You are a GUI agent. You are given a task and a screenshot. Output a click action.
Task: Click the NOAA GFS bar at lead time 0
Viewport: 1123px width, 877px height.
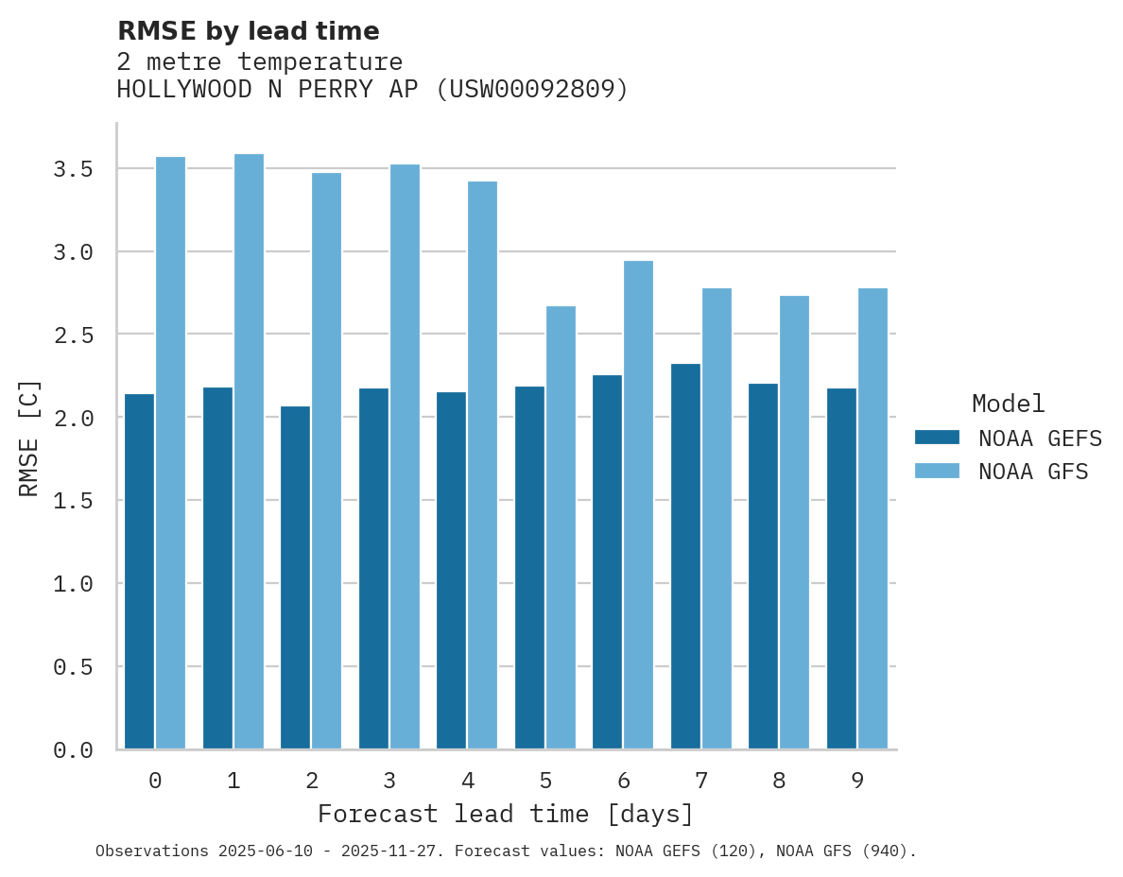tap(170, 453)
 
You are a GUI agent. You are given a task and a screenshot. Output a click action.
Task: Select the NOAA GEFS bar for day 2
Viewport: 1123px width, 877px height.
tap(295, 577)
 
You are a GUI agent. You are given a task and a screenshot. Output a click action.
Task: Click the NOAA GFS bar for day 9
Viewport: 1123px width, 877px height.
tap(872, 519)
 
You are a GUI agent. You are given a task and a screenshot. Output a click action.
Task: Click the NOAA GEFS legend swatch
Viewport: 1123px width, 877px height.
tap(937, 438)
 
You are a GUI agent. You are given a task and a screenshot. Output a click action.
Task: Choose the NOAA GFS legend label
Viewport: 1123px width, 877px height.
tap(1033, 471)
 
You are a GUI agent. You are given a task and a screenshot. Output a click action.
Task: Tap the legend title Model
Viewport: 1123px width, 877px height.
tap(1008, 404)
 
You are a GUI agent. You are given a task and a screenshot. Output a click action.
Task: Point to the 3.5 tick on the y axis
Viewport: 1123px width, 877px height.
tap(73, 169)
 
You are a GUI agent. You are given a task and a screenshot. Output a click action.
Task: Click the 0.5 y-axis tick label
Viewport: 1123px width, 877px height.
tap(73, 667)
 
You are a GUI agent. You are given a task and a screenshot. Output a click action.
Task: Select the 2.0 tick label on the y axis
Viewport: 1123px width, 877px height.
tap(73, 418)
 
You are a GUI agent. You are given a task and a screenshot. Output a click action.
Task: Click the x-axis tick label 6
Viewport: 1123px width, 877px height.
tap(623, 781)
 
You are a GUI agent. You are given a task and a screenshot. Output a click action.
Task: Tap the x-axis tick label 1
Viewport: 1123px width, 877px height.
tap(233, 781)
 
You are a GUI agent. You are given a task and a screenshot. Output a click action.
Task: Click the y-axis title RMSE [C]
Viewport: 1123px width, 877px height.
tap(29, 437)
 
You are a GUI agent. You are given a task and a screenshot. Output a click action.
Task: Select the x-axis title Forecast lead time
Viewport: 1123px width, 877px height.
tap(505, 814)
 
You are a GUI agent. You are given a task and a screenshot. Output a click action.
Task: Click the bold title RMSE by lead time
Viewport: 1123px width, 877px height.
tap(248, 31)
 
